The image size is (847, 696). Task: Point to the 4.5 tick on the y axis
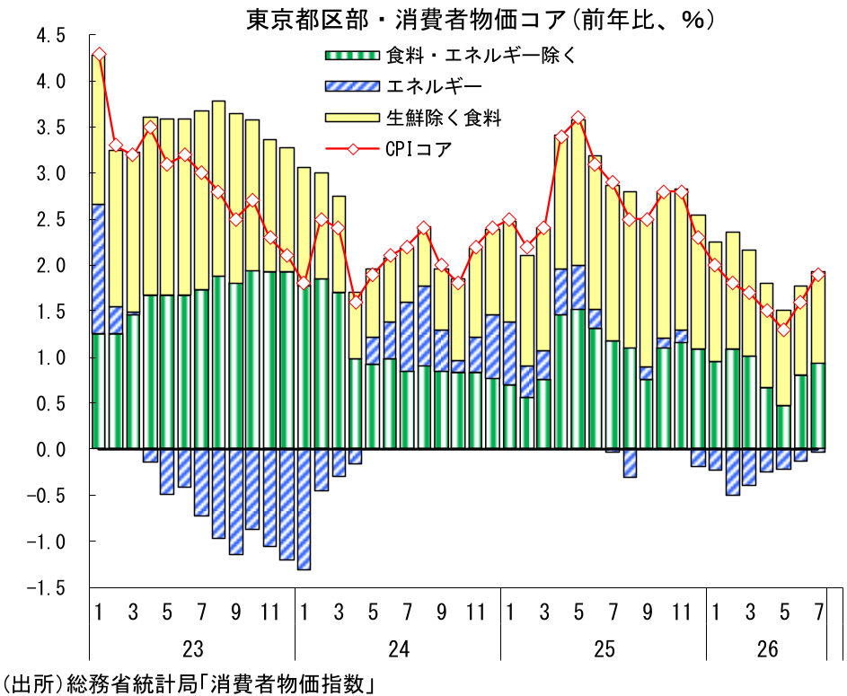(x=51, y=36)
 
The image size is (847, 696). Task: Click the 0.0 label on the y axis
(x=51, y=449)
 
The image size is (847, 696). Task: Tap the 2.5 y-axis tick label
(x=51, y=219)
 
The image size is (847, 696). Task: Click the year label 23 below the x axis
(x=192, y=648)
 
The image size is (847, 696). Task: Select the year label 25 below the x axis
(x=604, y=648)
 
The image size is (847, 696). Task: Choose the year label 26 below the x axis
(x=767, y=648)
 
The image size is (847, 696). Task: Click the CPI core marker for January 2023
(x=99, y=55)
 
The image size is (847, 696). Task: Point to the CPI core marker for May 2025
(x=578, y=118)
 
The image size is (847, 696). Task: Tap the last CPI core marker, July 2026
(x=818, y=275)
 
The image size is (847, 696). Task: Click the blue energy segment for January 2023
(x=99, y=269)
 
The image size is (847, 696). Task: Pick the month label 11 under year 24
(x=475, y=612)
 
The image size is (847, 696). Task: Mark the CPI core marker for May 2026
(x=784, y=329)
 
